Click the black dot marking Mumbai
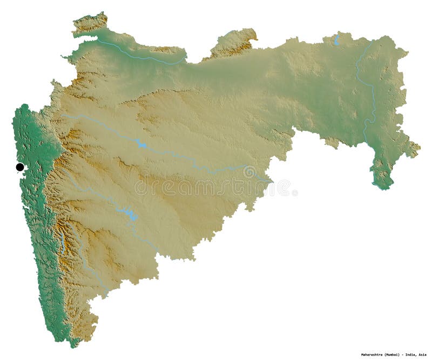pyautogui.click(x=20, y=167)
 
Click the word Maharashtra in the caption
pyautogui.click(x=360, y=355)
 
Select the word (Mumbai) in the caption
pyautogui.click(x=384, y=355)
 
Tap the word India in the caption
pyautogui.click(x=405, y=355)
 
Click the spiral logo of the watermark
pyautogui.click(x=249, y=172)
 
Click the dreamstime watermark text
pyautogui.click(x=205, y=187)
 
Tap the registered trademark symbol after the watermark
pyautogui.click(x=294, y=192)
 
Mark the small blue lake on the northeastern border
pyautogui.click(x=336, y=40)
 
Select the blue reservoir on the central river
pyautogui.click(x=141, y=144)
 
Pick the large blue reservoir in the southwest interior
pyautogui.click(x=129, y=214)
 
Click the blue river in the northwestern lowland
pyautogui.click(x=140, y=57)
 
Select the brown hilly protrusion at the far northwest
pyautogui.click(x=90, y=23)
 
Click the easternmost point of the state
pyautogui.click(x=418, y=147)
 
